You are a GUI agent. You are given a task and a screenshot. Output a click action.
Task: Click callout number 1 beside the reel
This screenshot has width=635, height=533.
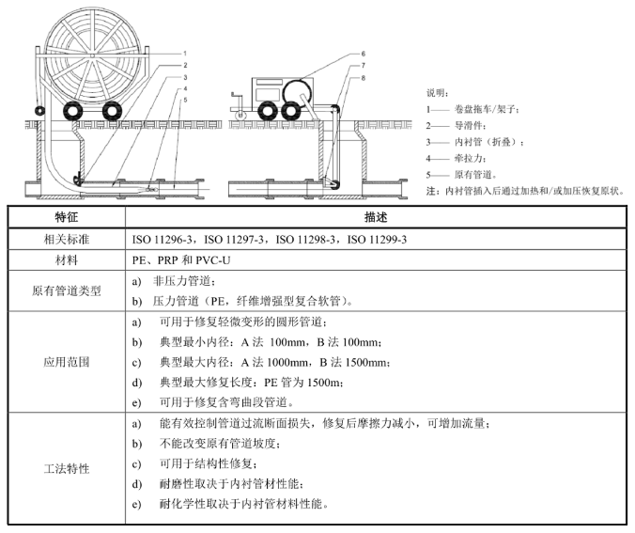185,54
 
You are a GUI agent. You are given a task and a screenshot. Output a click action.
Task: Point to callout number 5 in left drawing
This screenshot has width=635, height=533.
185,100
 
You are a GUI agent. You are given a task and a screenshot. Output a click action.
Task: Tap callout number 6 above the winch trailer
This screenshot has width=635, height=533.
364,54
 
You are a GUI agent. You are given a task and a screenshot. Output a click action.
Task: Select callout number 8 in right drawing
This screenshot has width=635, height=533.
364,78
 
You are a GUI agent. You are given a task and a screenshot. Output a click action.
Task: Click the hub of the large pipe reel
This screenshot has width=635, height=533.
93,55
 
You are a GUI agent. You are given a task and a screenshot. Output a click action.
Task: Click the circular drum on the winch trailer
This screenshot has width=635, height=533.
298,93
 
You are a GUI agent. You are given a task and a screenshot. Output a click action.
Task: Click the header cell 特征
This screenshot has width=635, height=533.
67,217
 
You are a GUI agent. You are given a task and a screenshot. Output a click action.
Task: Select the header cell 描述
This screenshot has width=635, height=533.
376,217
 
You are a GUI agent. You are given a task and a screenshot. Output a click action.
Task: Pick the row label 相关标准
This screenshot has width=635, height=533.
67,239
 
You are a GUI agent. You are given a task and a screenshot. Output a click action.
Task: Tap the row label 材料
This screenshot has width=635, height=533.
67,259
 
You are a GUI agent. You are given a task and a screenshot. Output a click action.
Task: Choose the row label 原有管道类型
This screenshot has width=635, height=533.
67,290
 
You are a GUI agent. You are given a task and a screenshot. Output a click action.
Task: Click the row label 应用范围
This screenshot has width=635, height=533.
67,362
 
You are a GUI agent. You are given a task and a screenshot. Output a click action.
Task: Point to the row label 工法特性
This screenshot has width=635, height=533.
67,469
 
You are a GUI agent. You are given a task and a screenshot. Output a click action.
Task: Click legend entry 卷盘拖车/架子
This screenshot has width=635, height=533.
486,109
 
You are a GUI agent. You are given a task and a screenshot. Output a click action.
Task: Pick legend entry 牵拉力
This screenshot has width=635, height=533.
469,158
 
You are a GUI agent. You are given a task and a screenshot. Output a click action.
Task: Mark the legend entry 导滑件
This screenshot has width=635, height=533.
469,126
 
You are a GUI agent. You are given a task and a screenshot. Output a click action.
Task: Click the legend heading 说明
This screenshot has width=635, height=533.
437,93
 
